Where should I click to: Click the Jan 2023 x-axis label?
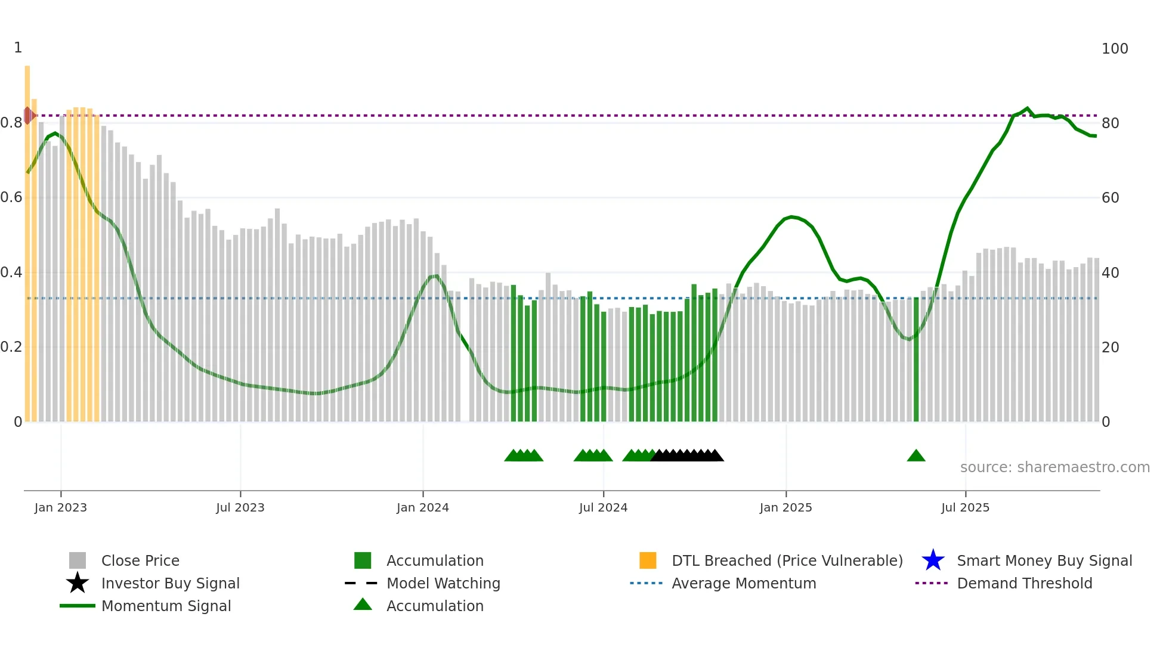(60, 507)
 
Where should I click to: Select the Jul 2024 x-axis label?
(603, 507)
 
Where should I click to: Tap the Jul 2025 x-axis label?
(965, 507)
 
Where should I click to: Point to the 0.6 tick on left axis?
(11, 197)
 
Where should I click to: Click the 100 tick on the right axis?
(1115, 49)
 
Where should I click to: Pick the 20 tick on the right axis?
(1110, 348)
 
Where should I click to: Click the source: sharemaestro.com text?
(1054, 467)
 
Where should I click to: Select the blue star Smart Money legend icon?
(933, 560)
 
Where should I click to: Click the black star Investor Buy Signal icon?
(78, 583)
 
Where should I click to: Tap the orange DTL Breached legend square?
(648, 560)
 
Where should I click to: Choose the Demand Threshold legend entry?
(1024, 583)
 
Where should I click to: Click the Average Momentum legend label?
(744, 583)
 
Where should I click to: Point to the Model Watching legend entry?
(443, 583)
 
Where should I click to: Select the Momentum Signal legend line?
(78, 606)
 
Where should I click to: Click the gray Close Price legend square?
(78, 560)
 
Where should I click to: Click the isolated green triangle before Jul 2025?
(916, 456)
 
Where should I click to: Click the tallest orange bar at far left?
(27, 238)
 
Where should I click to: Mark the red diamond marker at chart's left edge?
(28, 116)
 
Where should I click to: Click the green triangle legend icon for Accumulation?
(363, 605)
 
